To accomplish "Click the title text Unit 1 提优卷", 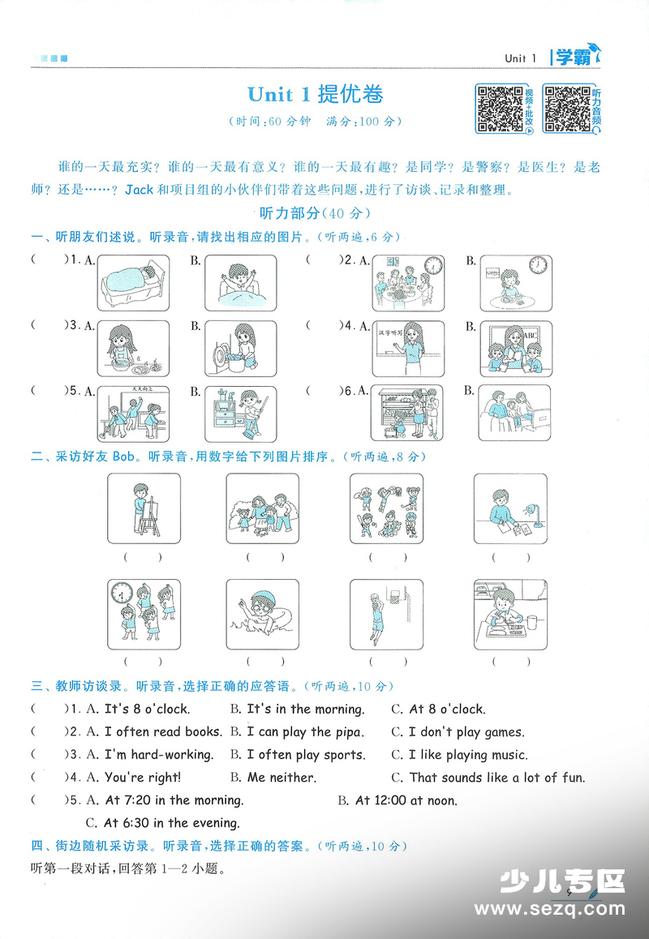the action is tap(316, 94).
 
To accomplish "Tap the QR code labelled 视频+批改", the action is tap(500, 109).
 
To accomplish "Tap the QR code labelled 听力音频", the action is tap(567, 109).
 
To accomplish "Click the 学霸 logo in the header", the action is tap(576, 56).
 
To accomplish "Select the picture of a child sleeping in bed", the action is tap(134, 283).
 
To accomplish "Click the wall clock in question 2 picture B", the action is tap(538, 264).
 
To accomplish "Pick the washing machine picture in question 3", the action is tap(241, 348).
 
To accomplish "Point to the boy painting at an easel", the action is tap(144, 508).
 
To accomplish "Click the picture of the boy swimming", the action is tap(263, 614).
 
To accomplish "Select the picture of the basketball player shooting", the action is tap(386, 614).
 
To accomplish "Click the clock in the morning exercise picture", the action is tap(122, 594).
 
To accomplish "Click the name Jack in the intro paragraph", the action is tap(139, 190).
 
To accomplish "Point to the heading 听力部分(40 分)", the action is tap(316, 212).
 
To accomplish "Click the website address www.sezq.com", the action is tap(549, 908).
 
